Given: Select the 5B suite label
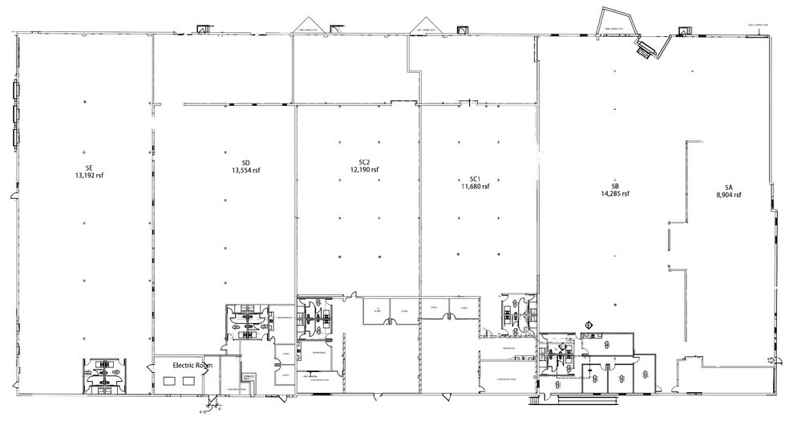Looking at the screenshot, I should click(x=615, y=185).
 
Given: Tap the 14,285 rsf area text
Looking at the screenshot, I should click(x=615, y=193).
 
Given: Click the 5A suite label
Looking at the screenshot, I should click(x=727, y=186).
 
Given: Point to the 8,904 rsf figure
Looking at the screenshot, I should click(x=727, y=194).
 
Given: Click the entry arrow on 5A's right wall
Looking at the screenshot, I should click(x=771, y=359).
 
